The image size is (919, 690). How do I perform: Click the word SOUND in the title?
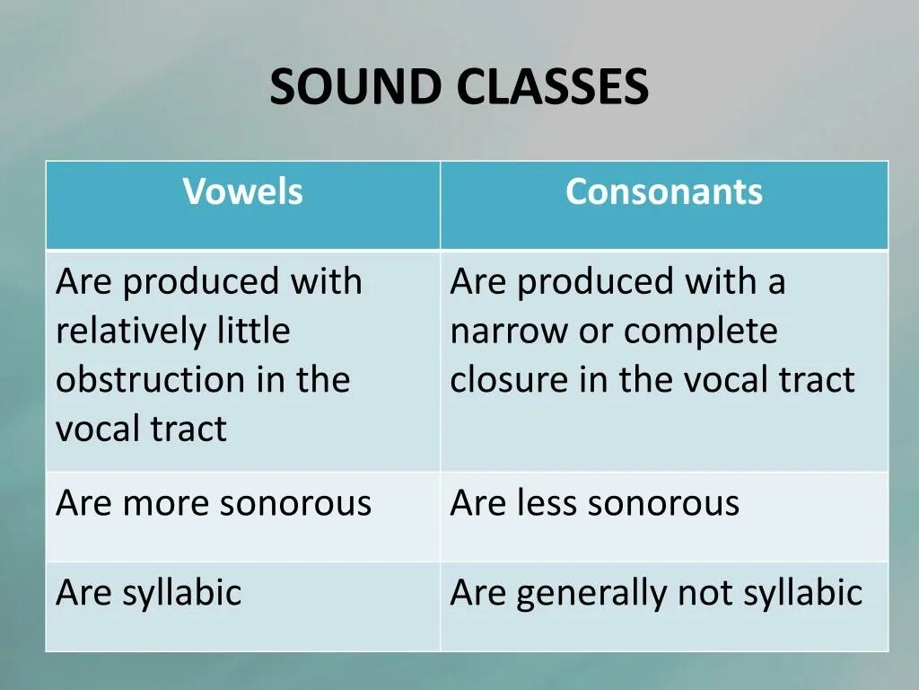pos(355,88)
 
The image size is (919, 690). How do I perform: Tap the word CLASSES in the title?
pos(551,88)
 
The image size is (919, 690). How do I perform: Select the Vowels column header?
pos(243,192)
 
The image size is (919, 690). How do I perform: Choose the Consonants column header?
pos(664,192)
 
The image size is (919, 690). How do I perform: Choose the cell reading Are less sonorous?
pos(594,503)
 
